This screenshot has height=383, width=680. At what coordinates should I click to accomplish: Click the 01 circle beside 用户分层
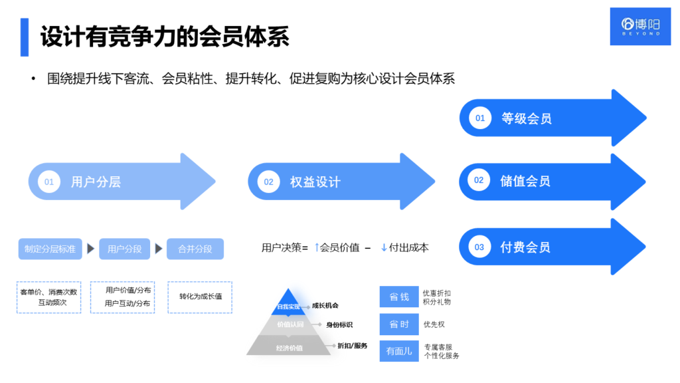pos(48,182)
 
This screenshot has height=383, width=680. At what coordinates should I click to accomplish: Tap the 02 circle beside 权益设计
pos(268,182)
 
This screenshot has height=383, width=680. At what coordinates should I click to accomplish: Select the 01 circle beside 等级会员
pos(479,118)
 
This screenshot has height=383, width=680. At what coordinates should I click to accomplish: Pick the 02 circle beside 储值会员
pos(479,180)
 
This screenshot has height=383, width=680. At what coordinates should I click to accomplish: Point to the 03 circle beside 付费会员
pos(479,247)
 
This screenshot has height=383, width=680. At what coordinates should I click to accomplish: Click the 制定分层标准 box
pos(50,249)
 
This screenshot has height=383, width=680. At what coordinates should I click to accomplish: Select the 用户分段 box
pos(124,249)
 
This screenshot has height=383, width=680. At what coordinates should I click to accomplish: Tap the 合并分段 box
pos(195,249)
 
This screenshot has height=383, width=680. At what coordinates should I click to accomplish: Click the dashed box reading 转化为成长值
pos(200,297)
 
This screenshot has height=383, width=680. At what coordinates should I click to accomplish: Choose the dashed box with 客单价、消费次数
pos(48,297)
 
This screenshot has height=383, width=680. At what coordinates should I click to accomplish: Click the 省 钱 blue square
pos(398,297)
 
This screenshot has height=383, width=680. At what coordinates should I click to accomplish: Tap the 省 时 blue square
pos(398,324)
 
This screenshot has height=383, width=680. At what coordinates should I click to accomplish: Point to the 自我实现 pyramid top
pos(288,303)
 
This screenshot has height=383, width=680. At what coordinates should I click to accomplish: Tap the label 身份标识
pos(339,324)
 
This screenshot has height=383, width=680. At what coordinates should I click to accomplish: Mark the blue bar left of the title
pos(25,37)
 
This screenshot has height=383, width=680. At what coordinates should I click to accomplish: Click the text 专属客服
pos(438,346)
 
